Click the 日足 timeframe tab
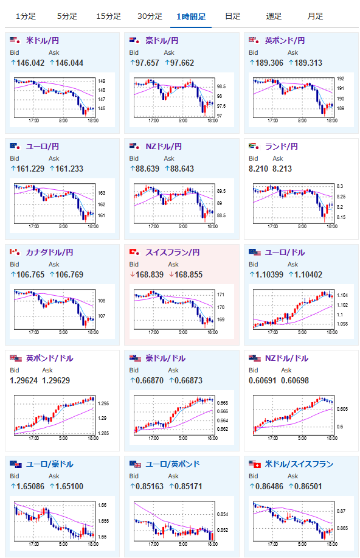(233, 16)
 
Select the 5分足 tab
(67, 16)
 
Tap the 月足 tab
(315, 16)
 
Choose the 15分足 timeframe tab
(108, 16)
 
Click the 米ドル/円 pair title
(43, 41)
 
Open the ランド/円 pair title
(282, 147)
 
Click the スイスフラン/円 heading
(173, 253)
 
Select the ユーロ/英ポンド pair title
(173, 464)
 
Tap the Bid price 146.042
(30, 63)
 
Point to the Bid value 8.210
(258, 169)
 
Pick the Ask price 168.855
(189, 274)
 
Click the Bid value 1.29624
(24, 380)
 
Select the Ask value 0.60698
(295, 380)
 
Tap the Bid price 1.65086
(30, 486)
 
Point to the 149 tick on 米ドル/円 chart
(102, 81)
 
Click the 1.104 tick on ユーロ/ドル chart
(342, 295)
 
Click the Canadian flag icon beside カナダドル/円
(15, 252)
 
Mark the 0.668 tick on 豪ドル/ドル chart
(223, 403)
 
